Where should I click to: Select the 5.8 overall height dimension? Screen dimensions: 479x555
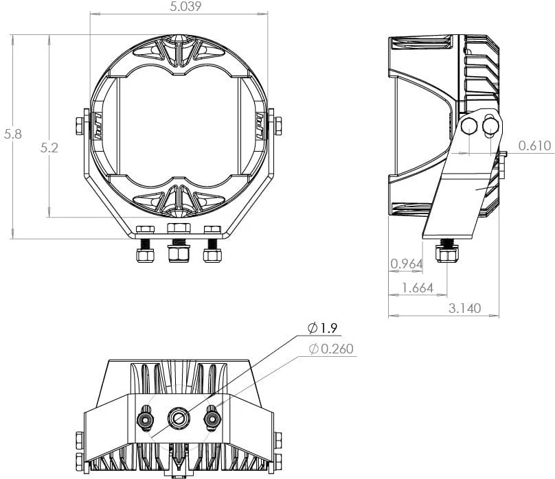tap(12, 135)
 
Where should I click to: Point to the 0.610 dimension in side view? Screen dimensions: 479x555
tap(534, 145)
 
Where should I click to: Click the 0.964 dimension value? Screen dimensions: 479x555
tap(406, 264)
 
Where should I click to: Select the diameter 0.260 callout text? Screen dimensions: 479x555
tap(331, 349)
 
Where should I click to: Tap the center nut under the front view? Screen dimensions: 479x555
tap(179, 254)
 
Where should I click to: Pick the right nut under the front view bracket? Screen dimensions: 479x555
tap(212, 255)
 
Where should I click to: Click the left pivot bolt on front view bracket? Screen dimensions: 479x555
tap(78, 126)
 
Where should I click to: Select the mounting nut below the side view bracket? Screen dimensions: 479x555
tap(447, 255)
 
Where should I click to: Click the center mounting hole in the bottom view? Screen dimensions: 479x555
tap(179, 416)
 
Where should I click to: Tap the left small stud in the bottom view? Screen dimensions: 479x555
tap(145, 416)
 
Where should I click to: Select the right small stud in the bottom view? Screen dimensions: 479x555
tap(212, 416)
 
